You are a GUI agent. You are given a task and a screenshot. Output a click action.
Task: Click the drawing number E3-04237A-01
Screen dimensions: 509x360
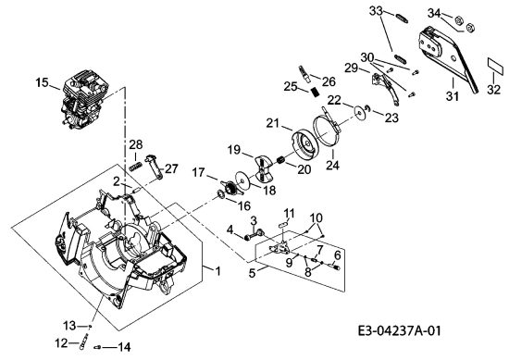400,330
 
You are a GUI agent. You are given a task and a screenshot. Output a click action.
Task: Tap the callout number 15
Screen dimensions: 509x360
43,82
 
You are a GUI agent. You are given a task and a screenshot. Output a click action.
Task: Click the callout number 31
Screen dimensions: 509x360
453,95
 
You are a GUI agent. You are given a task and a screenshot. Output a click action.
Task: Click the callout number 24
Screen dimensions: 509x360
333,165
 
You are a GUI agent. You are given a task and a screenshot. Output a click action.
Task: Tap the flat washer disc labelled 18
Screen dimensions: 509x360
242,179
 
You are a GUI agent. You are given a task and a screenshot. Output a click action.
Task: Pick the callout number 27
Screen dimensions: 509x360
172,168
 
